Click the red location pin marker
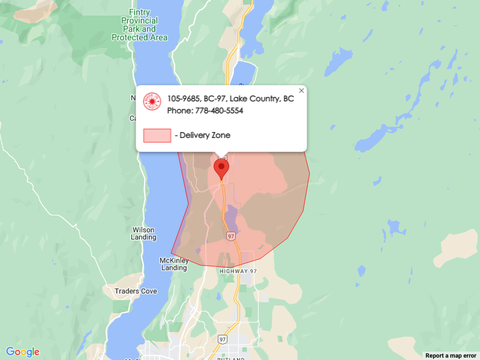(221, 168)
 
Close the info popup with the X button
(302, 91)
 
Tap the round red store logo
(152, 102)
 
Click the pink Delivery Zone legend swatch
(157, 136)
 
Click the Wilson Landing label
(143, 233)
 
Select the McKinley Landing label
(174, 264)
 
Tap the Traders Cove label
(136, 292)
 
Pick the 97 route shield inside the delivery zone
(231, 236)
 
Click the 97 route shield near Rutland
(223, 339)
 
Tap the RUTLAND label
(230, 358)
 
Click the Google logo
(23, 352)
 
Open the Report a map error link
(451, 356)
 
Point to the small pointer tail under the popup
(222, 154)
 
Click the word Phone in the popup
(179, 111)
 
